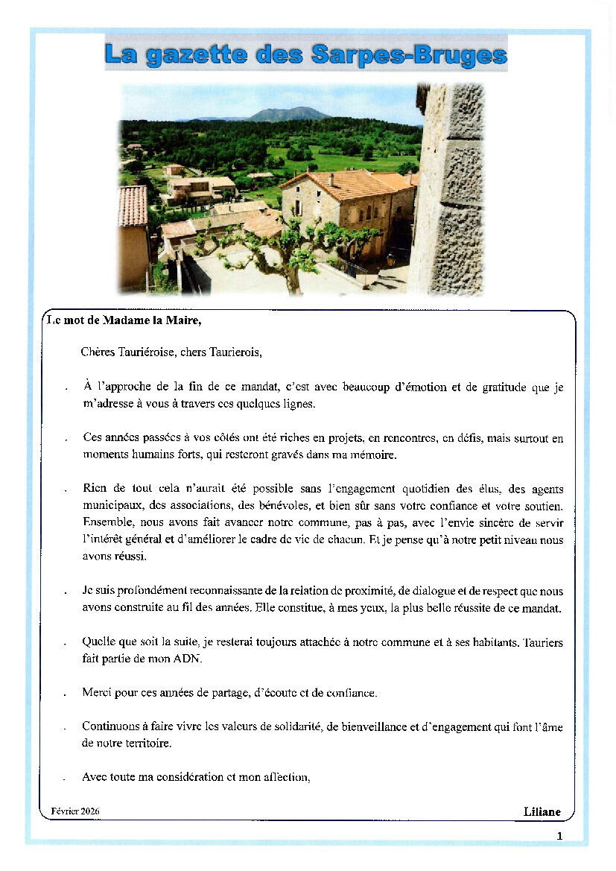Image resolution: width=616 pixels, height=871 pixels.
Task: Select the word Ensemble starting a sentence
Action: point(106,522)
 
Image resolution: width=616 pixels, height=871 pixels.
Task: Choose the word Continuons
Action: point(109,726)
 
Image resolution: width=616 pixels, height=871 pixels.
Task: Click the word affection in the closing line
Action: point(285,776)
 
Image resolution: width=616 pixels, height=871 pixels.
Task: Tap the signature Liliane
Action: point(542,811)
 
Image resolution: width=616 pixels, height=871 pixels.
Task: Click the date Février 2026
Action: point(75,810)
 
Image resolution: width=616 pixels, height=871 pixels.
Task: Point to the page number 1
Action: point(559,836)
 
